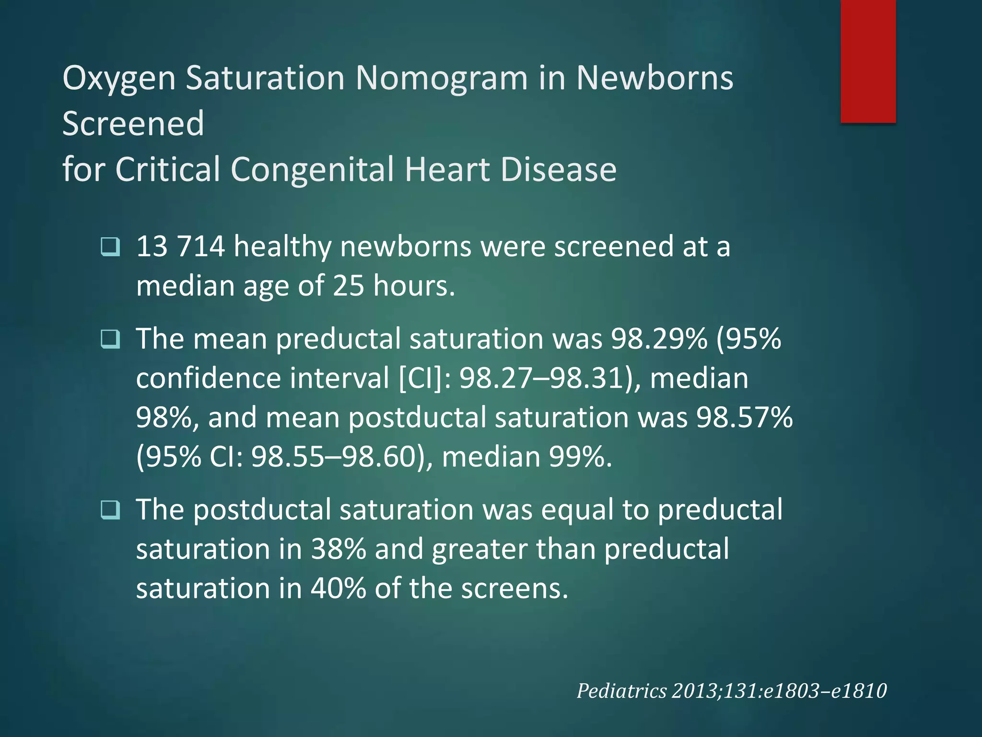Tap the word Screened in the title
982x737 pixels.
(133, 123)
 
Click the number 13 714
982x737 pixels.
(180, 247)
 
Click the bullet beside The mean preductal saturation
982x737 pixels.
(111, 339)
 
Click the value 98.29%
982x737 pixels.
(659, 339)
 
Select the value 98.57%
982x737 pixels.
(744, 417)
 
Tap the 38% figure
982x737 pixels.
(338, 549)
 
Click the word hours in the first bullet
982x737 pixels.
(413, 286)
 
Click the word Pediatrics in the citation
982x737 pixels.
(621, 691)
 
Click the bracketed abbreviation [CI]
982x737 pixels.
(421, 379)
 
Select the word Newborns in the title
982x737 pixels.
(655, 78)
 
